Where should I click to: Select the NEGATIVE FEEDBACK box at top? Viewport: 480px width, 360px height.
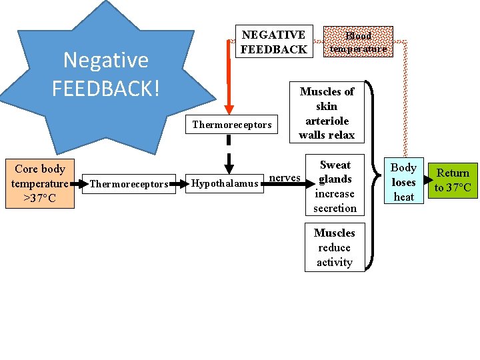tap(273, 42)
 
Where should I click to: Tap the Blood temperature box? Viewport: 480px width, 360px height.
tap(358, 42)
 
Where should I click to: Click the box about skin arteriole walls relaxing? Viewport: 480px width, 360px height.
tap(327, 113)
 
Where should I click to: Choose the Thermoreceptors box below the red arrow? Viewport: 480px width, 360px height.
tap(232, 125)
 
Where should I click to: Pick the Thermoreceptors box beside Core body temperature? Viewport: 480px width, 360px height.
tap(129, 184)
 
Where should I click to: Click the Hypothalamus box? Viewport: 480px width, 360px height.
tap(225, 184)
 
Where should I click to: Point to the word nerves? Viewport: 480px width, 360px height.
tap(285, 178)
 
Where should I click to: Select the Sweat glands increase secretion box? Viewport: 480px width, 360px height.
tap(335, 186)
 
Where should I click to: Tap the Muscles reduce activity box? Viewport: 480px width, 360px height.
tap(335, 247)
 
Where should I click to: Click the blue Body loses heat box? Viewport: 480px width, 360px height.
tap(403, 182)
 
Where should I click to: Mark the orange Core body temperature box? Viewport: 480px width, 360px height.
tap(39, 184)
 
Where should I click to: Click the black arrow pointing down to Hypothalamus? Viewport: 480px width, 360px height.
tap(228, 163)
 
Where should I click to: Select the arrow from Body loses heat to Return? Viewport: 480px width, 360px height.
tap(426, 181)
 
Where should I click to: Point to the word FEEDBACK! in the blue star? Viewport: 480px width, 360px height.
tap(106, 87)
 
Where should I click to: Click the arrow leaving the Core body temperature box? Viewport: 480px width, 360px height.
tap(79, 183)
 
